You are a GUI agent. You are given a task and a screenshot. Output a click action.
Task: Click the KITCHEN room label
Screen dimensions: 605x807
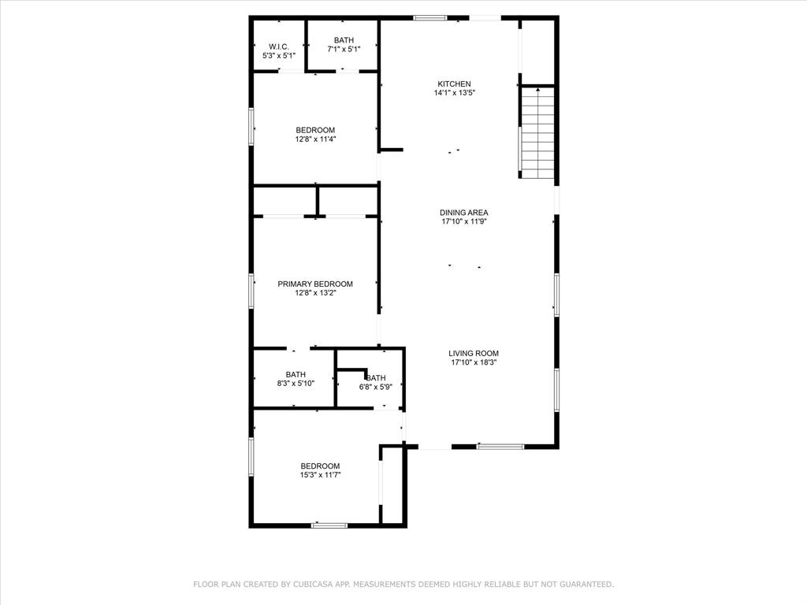(455, 84)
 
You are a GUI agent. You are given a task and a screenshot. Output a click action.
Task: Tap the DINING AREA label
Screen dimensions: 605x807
(464, 213)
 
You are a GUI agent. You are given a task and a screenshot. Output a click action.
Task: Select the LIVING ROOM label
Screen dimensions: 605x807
(474, 354)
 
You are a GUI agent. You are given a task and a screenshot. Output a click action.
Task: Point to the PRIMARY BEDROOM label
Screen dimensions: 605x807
(315, 284)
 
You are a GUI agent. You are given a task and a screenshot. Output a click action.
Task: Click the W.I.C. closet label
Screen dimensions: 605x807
(279, 47)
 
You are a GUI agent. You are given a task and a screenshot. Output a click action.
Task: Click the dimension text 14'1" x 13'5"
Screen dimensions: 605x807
(455, 93)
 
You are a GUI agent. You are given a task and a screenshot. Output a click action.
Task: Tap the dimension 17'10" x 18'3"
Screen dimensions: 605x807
(474, 362)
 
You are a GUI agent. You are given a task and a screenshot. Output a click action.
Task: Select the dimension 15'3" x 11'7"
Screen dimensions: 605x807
(320, 475)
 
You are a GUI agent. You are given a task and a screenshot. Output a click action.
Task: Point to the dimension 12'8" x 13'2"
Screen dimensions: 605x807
(315, 293)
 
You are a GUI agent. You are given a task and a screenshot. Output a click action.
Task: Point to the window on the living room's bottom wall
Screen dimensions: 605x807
(500, 447)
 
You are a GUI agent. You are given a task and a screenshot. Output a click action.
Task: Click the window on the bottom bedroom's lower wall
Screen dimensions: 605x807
(329, 525)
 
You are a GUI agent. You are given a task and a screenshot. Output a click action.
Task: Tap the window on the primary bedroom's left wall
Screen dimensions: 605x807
(251, 290)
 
